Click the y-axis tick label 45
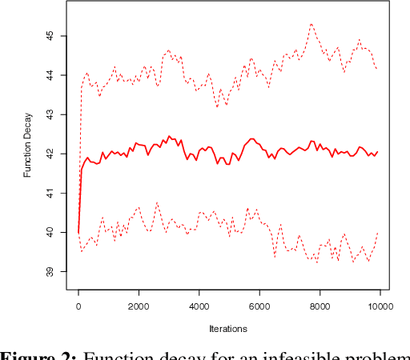(50, 36)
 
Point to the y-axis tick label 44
(50, 75)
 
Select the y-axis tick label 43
(50, 114)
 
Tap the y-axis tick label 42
(50, 154)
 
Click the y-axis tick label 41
(50, 193)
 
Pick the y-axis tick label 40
(50, 232)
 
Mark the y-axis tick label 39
(50, 271)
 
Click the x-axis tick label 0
(78, 306)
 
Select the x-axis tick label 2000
(139, 306)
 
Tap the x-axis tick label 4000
(199, 306)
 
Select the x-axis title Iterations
(227, 328)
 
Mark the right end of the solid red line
(377, 152)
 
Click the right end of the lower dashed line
(377, 232)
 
